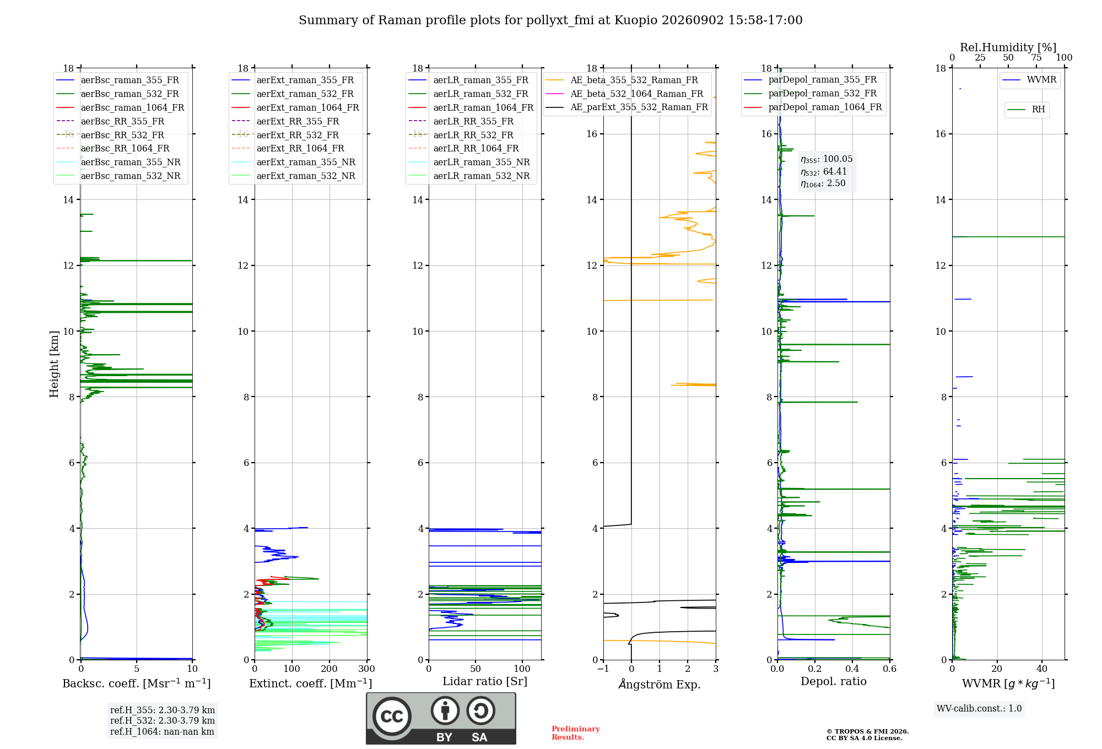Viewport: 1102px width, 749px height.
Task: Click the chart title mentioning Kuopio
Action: (550, 20)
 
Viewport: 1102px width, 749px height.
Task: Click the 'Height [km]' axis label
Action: (54, 364)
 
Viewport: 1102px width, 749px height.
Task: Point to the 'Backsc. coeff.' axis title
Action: (137, 683)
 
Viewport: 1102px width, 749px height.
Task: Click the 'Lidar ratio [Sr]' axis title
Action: (485, 682)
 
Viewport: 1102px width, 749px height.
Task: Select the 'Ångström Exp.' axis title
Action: (660, 684)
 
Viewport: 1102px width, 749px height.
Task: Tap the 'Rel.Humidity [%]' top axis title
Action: (1008, 47)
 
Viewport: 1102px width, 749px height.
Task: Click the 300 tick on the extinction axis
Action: (366, 669)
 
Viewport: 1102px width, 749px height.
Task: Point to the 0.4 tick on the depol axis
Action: (852, 669)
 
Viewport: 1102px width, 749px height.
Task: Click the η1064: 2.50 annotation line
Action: (823, 183)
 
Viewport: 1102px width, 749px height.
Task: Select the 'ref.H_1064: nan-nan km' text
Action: (162, 732)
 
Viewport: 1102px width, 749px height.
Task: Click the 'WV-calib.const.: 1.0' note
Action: (979, 709)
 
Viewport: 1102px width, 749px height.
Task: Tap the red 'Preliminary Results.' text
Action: (576, 733)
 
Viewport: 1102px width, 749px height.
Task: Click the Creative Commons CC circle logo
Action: (392, 717)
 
